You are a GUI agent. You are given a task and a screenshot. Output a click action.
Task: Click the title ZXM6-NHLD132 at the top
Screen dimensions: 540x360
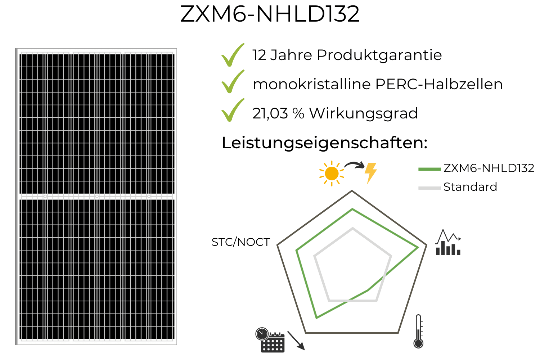click(x=270, y=14)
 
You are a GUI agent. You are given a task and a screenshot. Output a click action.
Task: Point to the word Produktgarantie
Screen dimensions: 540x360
click(x=379, y=56)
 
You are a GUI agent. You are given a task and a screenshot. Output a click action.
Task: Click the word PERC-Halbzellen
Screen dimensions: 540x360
click(x=439, y=84)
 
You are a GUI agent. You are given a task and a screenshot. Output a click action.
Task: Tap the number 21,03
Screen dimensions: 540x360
click(x=270, y=113)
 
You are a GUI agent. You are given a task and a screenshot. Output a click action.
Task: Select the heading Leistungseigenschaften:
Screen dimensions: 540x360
click(x=324, y=143)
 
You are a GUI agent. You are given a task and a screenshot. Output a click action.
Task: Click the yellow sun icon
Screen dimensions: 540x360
click(x=332, y=174)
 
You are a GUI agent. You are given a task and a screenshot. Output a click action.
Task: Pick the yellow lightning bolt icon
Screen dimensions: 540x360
click(x=370, y=173)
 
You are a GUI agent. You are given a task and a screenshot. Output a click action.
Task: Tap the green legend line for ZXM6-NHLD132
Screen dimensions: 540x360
click(x=429, y=169)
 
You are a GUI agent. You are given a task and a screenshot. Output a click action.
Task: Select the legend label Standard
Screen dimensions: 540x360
click(x=470, y=187)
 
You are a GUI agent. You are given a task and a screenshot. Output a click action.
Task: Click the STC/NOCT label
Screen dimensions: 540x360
click(x=240, y=242)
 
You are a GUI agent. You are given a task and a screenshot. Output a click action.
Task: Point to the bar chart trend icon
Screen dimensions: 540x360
click(x=448, y=242)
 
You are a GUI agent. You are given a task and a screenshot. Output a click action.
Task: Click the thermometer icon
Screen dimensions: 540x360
click(x=418, y=331)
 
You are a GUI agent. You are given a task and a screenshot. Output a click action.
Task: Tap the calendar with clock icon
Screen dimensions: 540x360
click(x=270, y=340)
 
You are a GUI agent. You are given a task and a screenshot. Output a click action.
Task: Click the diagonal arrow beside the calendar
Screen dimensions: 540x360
click(x=296, y=341)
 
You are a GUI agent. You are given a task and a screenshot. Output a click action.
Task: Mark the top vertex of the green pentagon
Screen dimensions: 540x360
click(x=352, y=209)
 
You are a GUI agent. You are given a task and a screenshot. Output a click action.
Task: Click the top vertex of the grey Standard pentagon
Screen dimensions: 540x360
click(x=353, y=228)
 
